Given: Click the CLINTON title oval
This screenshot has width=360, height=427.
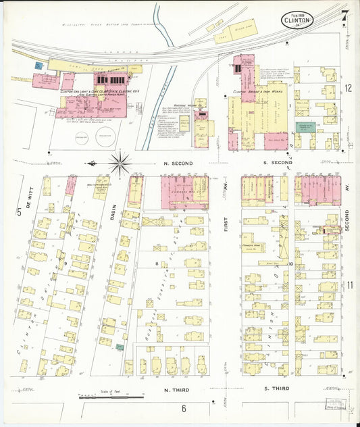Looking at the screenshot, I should click(301, 20).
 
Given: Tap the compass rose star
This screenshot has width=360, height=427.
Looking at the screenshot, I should click(120, 163).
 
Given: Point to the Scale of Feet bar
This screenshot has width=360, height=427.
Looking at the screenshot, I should click(101, 397).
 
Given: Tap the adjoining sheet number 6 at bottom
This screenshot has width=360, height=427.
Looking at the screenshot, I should click(183, 407).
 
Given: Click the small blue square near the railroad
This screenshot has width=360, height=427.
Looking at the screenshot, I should click(38, 66).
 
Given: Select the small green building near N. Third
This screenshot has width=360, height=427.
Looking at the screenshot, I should click(120, 347).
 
